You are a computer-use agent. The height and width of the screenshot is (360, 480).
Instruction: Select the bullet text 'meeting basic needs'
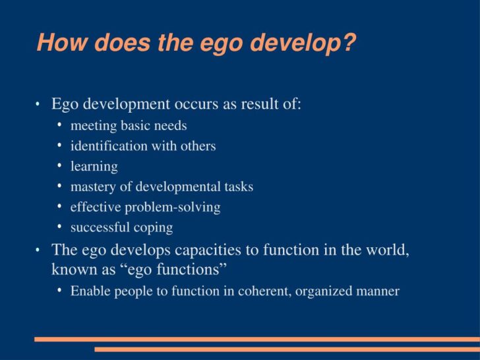[x=129, y=125]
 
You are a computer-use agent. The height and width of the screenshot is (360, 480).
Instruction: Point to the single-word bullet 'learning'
[x=94, y=166]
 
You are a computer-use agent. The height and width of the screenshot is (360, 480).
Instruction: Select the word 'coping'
[x=153, y=227]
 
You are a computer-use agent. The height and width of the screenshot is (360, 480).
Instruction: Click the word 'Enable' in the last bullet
[x=90, y=291]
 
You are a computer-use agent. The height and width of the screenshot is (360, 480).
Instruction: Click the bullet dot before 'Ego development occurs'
[x=38, y=105]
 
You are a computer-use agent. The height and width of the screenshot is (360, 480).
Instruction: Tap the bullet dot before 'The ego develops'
[x=38, y=251]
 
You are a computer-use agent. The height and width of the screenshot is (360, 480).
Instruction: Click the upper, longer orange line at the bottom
[x=257, y=340]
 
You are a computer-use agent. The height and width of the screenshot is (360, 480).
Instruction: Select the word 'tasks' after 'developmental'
[x=238, y=187]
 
